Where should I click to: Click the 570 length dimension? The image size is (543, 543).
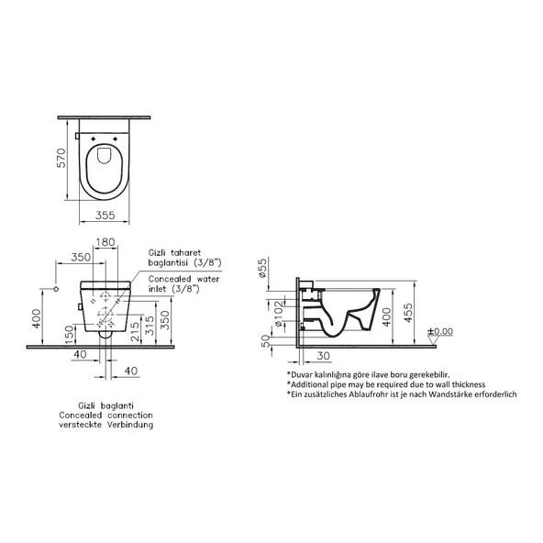(x=61, y=159)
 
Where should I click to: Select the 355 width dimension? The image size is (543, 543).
(x=105, y=215)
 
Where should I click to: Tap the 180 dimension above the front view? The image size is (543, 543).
(x=105, y=242)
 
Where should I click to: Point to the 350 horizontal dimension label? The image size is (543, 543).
(x=81, y=257)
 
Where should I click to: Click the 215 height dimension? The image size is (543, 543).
(x=135, y=331)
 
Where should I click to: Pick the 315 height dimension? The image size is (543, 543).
(x=150, y=326)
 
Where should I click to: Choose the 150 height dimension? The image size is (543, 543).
(x=70, y=334)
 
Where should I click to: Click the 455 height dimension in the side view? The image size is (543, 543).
(x=409, y=313)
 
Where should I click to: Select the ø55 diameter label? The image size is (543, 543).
(x=262, y=268)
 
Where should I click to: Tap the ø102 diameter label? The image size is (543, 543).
(x=279, y=314)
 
